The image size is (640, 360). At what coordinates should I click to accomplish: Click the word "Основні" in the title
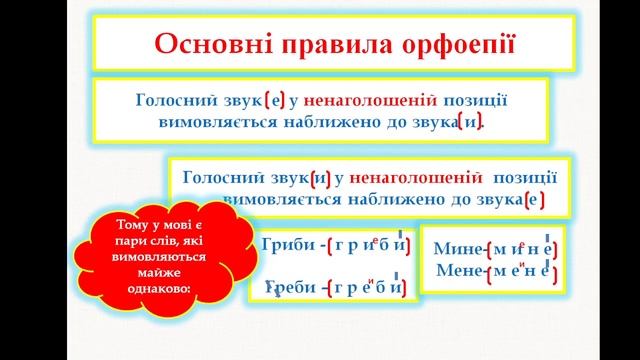point(198,46)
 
